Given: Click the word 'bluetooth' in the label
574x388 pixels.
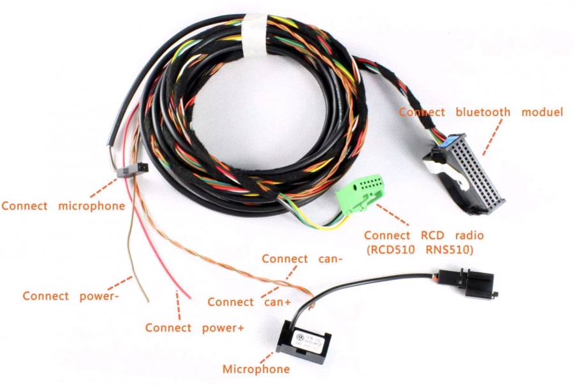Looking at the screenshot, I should (483, 112).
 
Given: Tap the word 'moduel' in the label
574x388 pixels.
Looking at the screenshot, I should (542, 112).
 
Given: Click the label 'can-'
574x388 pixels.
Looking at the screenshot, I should (330, 259).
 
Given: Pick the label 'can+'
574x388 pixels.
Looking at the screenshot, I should (279, 302).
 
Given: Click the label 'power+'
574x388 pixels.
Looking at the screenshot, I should (222, 327).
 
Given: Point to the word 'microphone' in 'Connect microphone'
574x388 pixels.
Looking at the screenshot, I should (91, 206).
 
